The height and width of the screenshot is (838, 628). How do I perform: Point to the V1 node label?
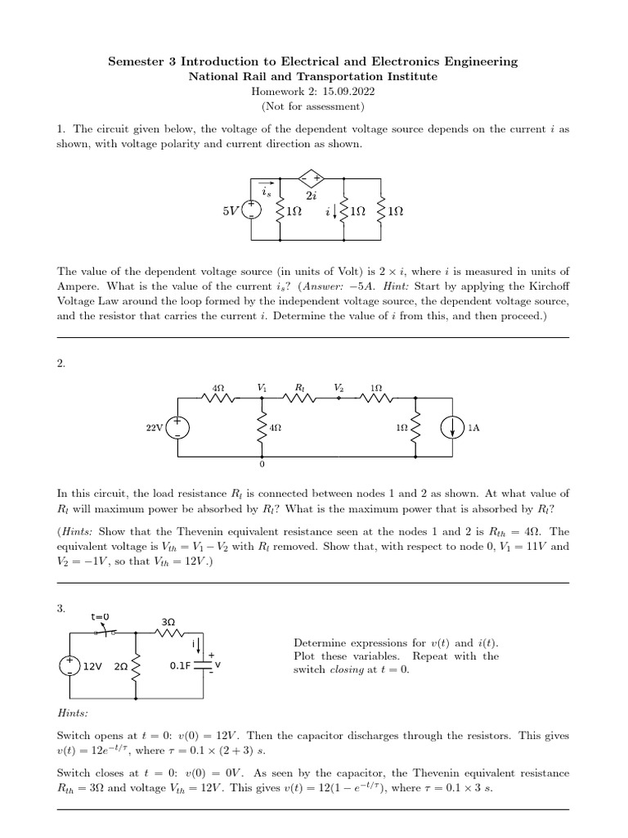point(262,386)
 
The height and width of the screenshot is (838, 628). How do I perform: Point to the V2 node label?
point(339,386)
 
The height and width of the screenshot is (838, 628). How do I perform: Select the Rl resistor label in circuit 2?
point(299,386)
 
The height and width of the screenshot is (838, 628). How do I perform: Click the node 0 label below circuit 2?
point(262,465)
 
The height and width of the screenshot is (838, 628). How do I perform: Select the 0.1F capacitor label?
point(180,666)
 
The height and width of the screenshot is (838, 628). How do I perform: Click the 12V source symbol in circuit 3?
point(70,666)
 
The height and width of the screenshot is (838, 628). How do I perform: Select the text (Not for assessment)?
point(313,106)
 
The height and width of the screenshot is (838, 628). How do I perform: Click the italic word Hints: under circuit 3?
point(72,713)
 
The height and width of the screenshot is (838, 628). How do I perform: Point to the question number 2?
point(61,364)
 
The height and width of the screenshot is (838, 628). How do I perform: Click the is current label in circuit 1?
point(267,193)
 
